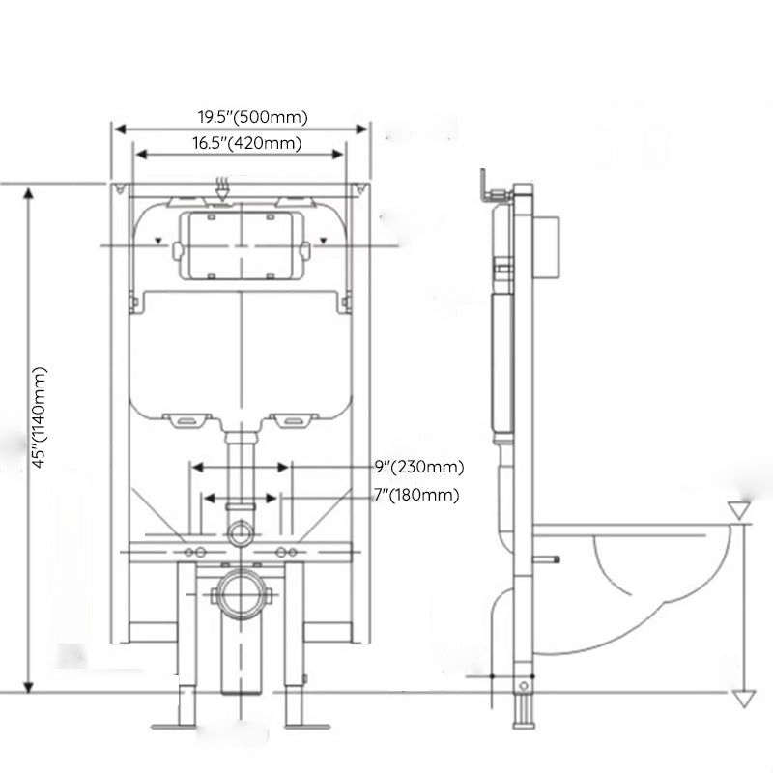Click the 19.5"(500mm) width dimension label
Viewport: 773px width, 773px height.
click(253, 118)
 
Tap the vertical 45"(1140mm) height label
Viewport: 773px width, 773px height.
click(40, 416)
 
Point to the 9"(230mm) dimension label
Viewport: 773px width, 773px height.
click(419, 467)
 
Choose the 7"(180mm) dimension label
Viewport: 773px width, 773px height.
click(416, 496)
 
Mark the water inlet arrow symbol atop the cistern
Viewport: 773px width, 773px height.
click(222, 188)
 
